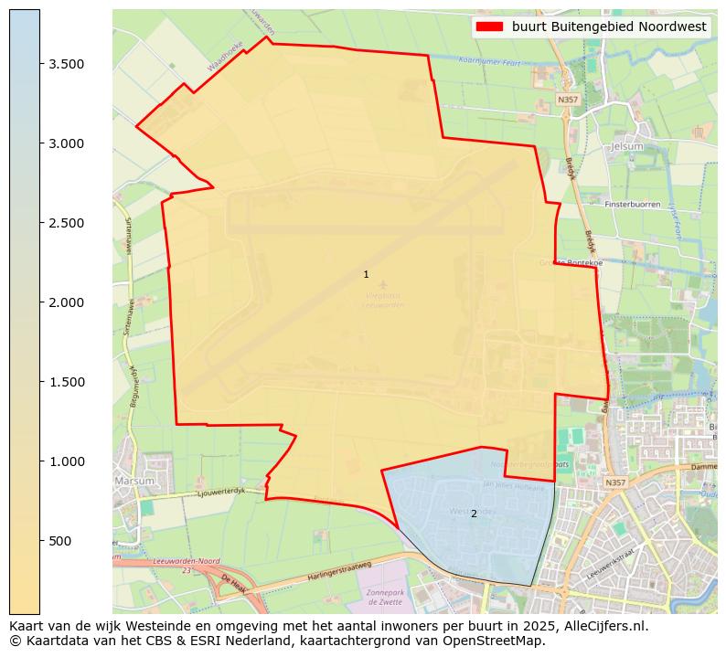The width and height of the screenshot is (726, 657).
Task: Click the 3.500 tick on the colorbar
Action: [x=67, y=64]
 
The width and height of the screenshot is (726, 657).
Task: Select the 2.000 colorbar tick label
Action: [x=67, y=302]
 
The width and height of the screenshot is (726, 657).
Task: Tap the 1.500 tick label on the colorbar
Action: [x=67, y=382]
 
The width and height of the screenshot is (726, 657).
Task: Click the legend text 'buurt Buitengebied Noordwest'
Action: [x=609, y=26]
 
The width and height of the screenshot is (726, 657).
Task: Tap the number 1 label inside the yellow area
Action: [x=366, y=274]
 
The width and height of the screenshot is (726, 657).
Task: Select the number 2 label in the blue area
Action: [x=474, y=514]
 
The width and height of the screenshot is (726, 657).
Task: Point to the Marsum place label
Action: [x=135, y=480]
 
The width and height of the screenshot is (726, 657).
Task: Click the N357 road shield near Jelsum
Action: [x=568, y=99]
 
